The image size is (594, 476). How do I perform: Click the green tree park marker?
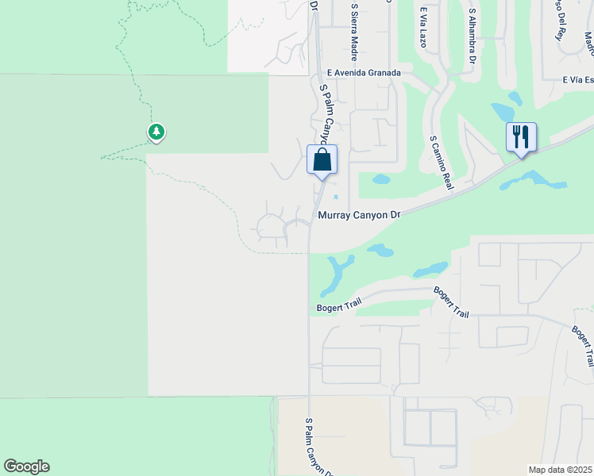tap(156, 132)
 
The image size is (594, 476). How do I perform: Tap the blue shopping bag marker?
tap(322, 159)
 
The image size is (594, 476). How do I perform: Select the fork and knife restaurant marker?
tap(521, 137)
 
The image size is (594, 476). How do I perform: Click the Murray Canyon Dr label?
tap(360, 214)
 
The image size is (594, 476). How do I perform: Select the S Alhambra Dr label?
tap(472, 36)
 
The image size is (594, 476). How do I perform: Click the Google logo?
tap(26, 466)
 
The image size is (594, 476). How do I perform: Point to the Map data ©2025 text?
tap(560, 470)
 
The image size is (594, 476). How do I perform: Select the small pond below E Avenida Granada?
tap(382, 178)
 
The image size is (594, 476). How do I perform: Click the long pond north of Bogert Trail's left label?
tap(339, 274)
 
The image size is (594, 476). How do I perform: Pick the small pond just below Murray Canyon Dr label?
tap(380, 251)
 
